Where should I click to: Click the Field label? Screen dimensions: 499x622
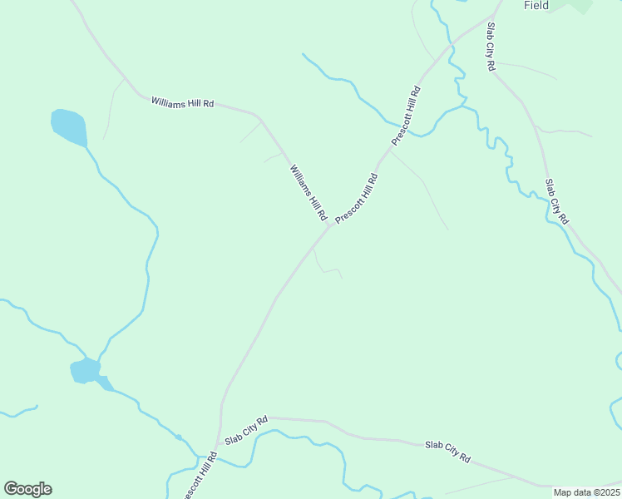tap(536, 5)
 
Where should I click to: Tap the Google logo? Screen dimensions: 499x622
tap(27, 489)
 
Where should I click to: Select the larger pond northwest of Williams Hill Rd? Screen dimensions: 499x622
tap(68, 126)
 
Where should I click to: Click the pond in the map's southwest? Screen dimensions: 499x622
tap(85, 370)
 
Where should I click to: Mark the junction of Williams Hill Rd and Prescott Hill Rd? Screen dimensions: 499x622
tap(329, 226)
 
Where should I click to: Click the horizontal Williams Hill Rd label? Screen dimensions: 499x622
tap(183, 102)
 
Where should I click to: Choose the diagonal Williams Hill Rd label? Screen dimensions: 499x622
tap(308, 192)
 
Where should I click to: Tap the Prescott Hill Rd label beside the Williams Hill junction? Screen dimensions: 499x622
tap(357, 199)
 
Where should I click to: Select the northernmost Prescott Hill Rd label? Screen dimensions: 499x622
tap(407, 116)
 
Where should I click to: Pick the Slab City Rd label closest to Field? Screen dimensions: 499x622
tap(491, 47)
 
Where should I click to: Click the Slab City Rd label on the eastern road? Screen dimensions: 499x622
tap(556, 201)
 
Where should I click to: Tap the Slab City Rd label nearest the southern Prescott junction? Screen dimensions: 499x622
tap(246, 430)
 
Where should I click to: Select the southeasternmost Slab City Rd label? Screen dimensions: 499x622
tap(448, 452)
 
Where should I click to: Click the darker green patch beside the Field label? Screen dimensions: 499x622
tap(579, 5)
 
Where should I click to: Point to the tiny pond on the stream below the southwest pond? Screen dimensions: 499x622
tap(179, 437)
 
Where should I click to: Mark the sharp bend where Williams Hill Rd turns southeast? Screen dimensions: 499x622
tap(261, 118)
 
